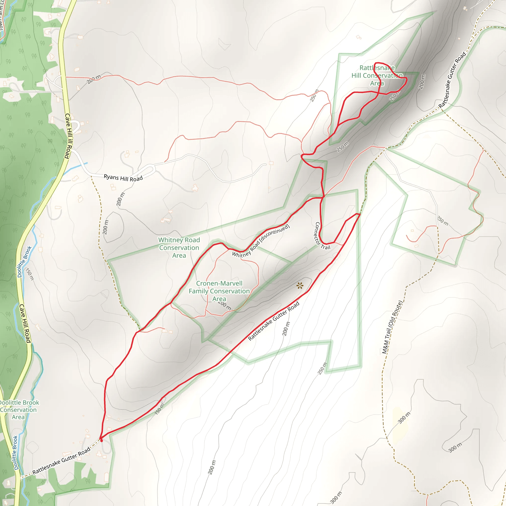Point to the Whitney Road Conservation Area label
click(x=179, y=248)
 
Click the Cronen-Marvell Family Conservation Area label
click(x=219, y=291)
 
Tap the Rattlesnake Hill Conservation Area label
click(x=377, y=75)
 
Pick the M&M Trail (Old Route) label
click(x=392, y=327)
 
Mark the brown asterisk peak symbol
click(x=300, y=285)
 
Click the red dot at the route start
click(x=102, y=441)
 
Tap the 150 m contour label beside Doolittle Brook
click(x=30, y=274)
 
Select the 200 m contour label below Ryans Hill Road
click(x=121, y=199)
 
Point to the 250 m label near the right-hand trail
click(x=443, y=221)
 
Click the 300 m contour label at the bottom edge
click(x=336, y=498)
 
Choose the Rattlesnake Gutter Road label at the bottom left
click(x=61, y=461)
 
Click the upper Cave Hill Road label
click(x=68, y=136)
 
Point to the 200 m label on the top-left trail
click(x=94, y=79)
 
